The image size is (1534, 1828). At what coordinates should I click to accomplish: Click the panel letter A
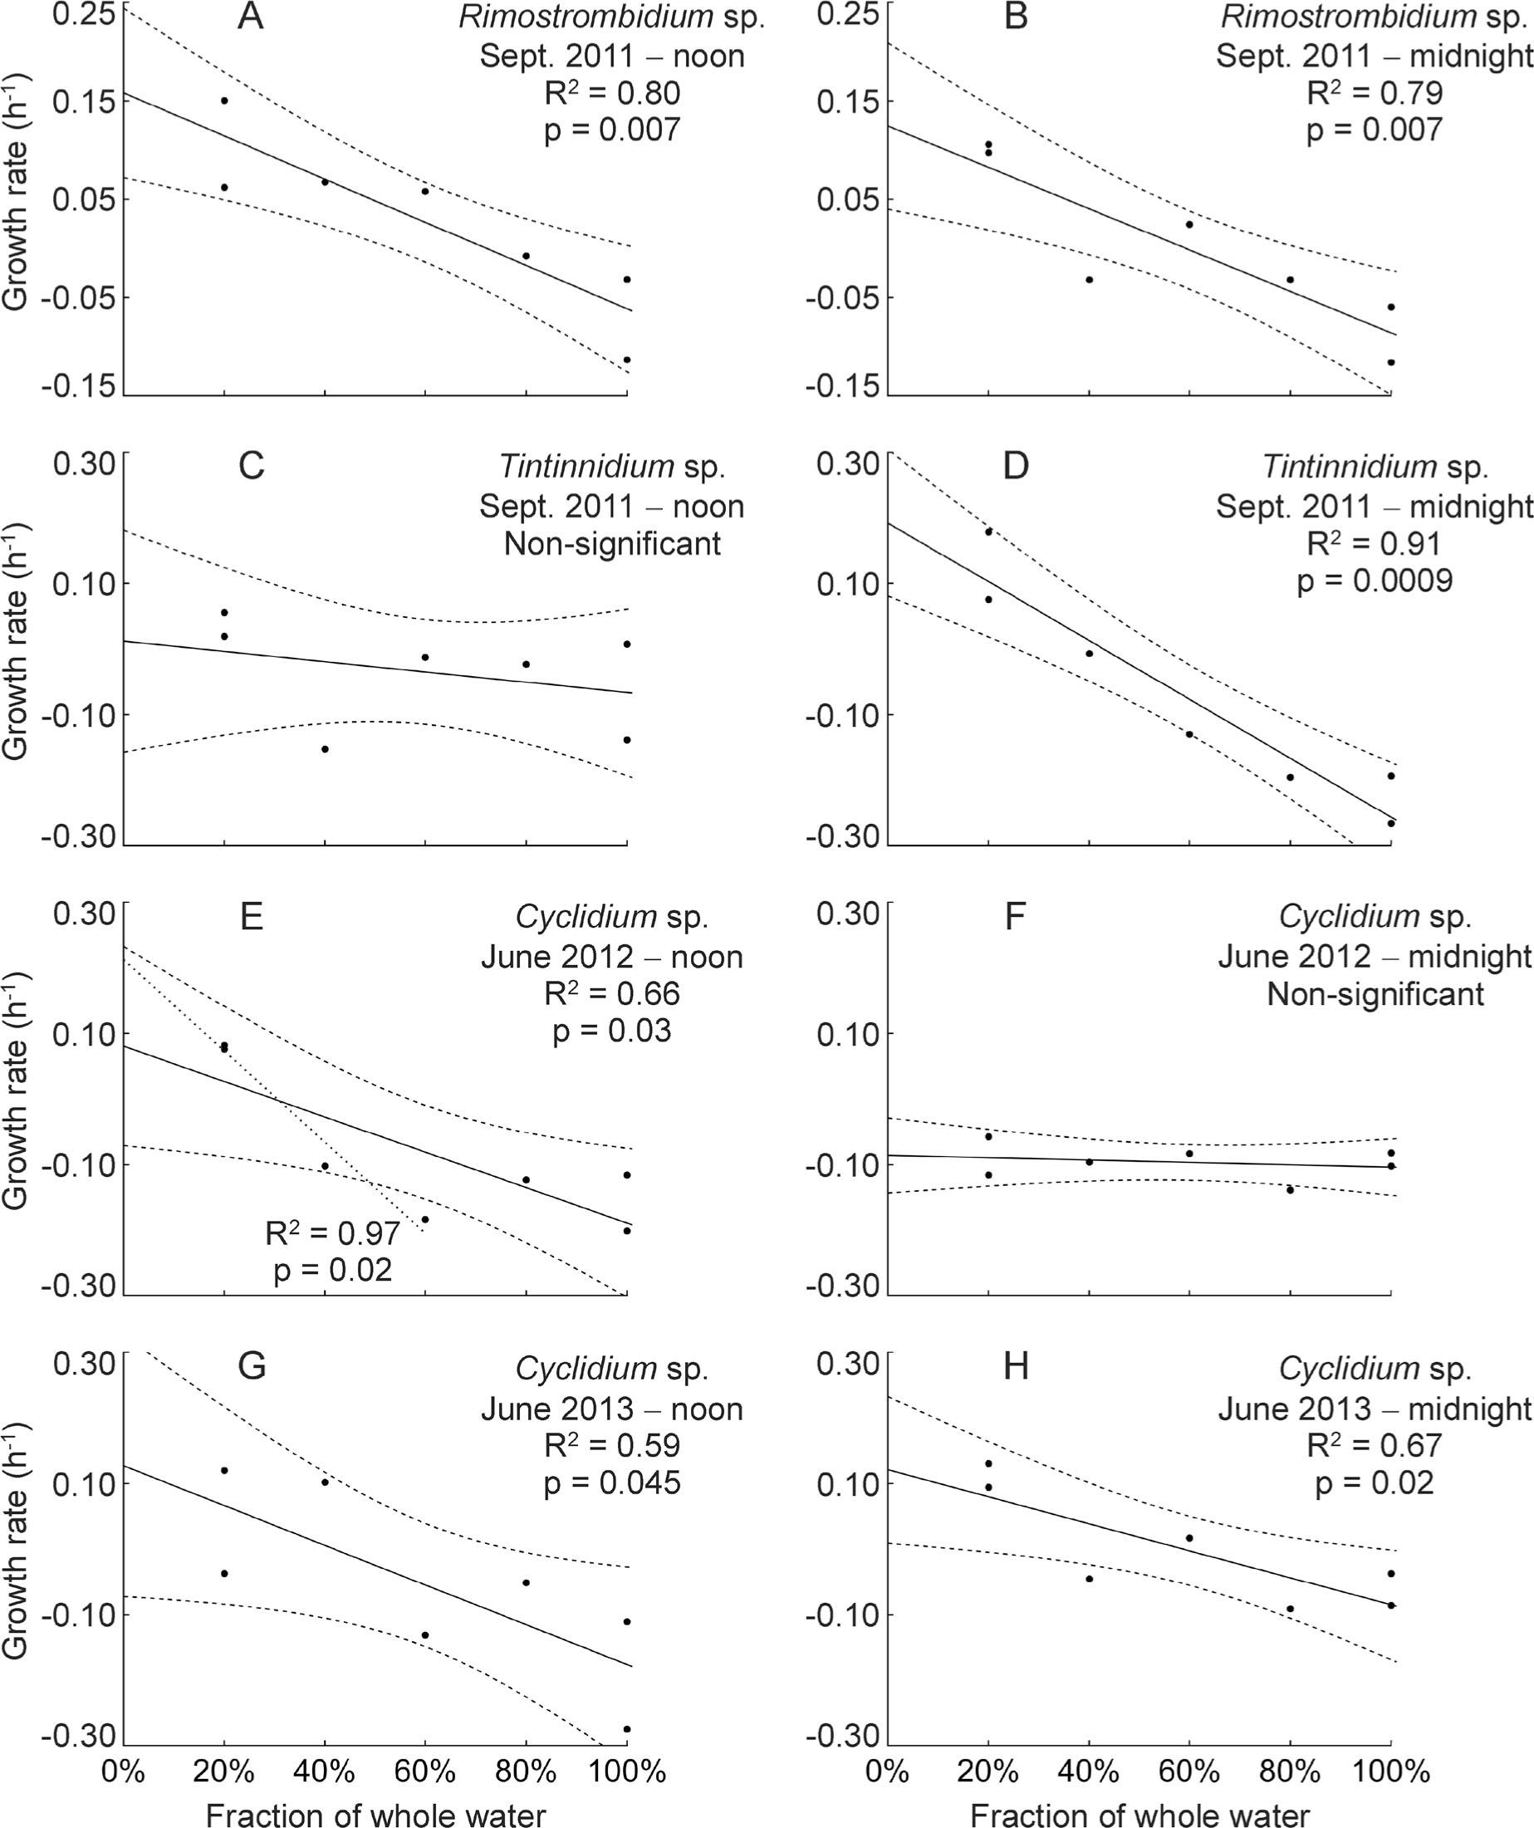[251, 17]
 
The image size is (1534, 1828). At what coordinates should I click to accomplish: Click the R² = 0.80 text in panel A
[612, 92]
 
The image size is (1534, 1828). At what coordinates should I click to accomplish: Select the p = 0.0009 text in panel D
[1375, 581]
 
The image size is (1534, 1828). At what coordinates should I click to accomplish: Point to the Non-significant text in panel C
[612, 543]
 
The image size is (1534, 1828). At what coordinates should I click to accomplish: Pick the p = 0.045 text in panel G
[612, 1482]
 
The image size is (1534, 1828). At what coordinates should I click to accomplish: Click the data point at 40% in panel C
[325, 748]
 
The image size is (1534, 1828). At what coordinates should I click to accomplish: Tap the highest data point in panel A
[224, 101]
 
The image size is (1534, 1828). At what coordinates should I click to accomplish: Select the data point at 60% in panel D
[1189, 734]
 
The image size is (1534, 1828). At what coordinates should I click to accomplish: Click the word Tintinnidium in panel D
[1350, 467]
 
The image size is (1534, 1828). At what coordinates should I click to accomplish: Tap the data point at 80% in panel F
[1290, 1189]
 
